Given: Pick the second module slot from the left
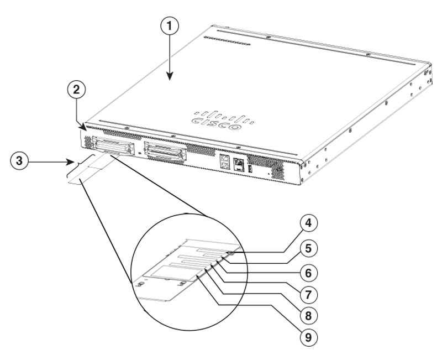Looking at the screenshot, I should [164, 151].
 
